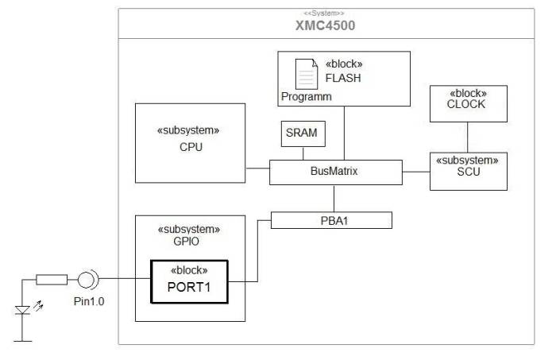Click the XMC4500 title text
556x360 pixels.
(x=325, y=25)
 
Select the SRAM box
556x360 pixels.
(x=303, y=134)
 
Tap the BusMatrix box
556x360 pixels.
(x=336, y=172)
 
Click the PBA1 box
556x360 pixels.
(x=331, y=220)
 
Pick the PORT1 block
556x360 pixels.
(x=189, y=282)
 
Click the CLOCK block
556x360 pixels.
(x=469, y=103)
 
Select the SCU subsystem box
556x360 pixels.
(x=469, y=172)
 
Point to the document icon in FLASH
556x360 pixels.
(x=307, y=74)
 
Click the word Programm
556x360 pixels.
(x=307, y=97)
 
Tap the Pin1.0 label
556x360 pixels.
(x=89, y=301)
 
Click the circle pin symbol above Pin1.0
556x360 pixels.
(x=86, y=280)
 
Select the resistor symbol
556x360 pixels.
(x=52, y=280)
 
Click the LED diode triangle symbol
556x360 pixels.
(x=22, y=311)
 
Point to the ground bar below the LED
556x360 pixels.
(x=23, y=341)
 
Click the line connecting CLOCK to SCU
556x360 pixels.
(x=467, y=137)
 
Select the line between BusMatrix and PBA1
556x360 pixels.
(x=334, y=198)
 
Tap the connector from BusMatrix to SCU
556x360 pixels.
(x=416, y=172)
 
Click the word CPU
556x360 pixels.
(x=191, y=147)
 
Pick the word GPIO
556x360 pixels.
(x=186, y=242)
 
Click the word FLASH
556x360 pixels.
(x=343, y=78)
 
